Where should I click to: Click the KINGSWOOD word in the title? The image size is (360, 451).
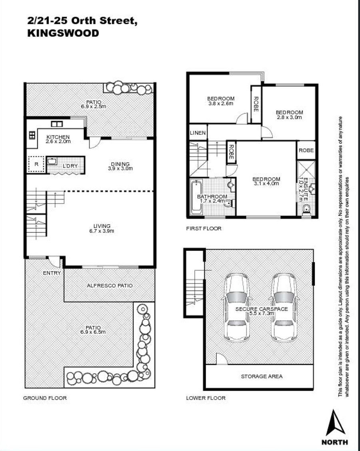click(63, 33)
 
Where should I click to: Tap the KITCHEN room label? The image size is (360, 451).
click(58, 137)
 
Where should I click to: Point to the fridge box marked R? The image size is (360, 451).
click(36, 164)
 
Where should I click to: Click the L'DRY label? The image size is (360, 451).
click(70, 166)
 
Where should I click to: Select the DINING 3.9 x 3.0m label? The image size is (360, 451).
click(120, 166)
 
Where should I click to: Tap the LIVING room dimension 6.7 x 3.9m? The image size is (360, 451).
click(102, 231)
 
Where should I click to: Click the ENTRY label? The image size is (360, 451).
click(52, 273)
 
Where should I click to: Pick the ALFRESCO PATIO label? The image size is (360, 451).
click(110, 285)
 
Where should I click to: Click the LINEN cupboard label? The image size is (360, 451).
click(198, 133)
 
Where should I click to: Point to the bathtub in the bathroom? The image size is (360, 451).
click(197, 198)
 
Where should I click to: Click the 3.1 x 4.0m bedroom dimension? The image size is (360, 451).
click(266, 183)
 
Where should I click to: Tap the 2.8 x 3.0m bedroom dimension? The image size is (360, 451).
click(289, 117)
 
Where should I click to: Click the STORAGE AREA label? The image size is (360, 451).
click(262, 376)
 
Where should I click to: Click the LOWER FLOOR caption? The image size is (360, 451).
click(206, 398)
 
